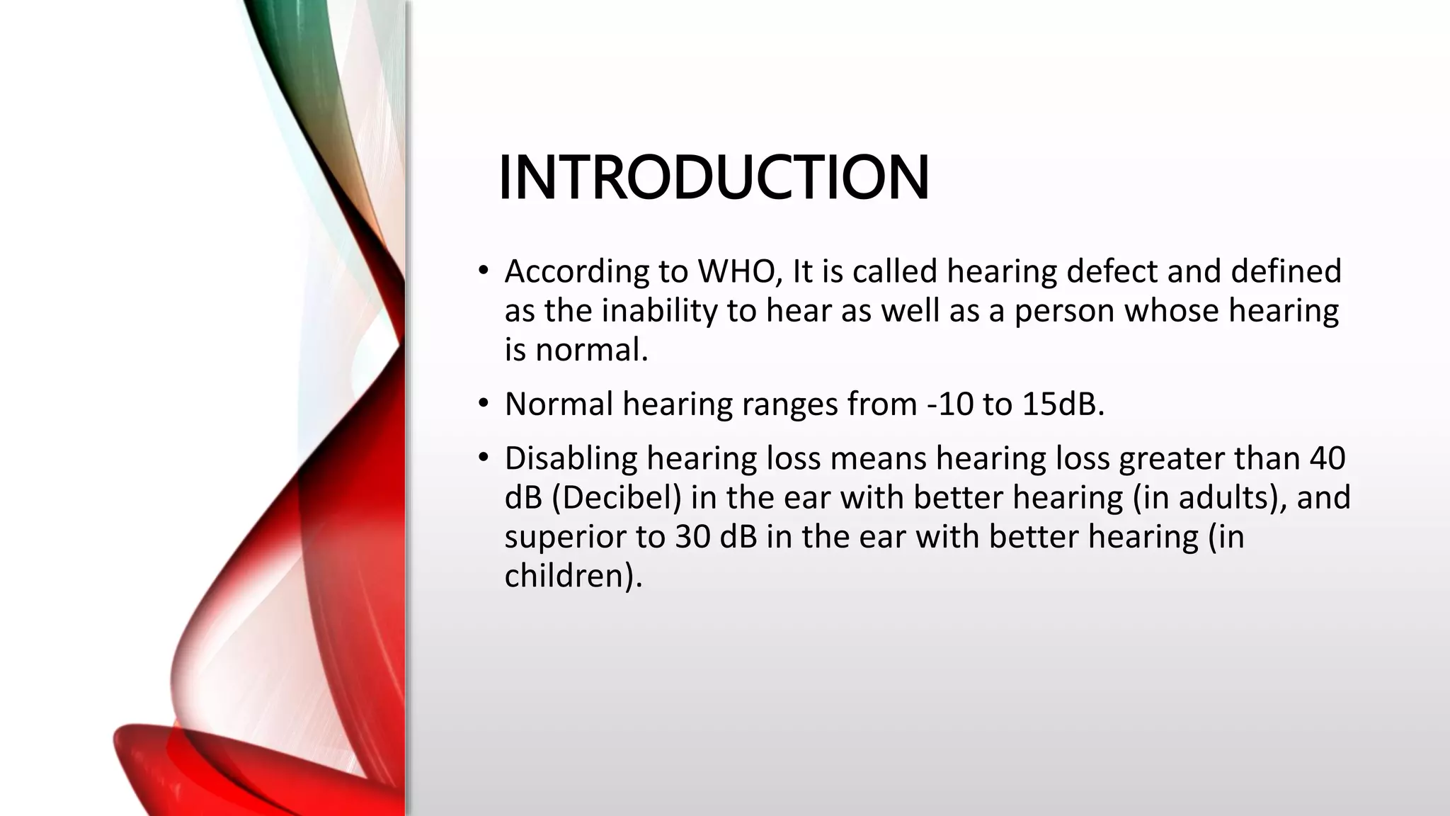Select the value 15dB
(1063, 404)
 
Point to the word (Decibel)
(616, 497)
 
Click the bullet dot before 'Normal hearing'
(483, 404)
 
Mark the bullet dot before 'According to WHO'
(483, 271)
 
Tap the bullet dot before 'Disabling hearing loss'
(483, 458)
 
